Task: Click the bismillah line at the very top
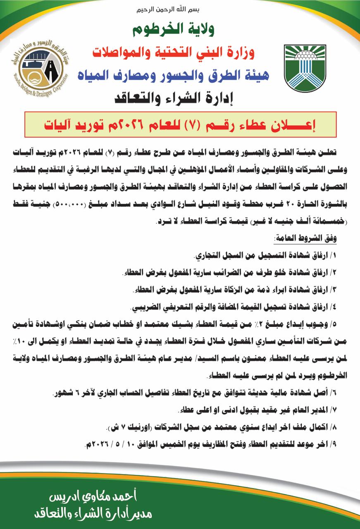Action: (180, 9)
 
